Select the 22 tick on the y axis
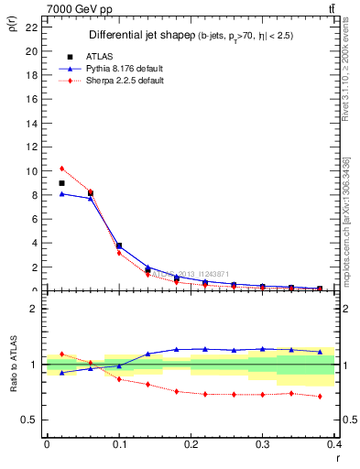(32, 27)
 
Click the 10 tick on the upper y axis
(32, 171)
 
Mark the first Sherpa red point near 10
(61, 169)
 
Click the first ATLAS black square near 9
(61, 183)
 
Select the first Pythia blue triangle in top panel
(61, 193)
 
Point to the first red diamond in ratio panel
(61, 354)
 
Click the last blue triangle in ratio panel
(320, 352)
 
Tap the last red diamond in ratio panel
(320, 397)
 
